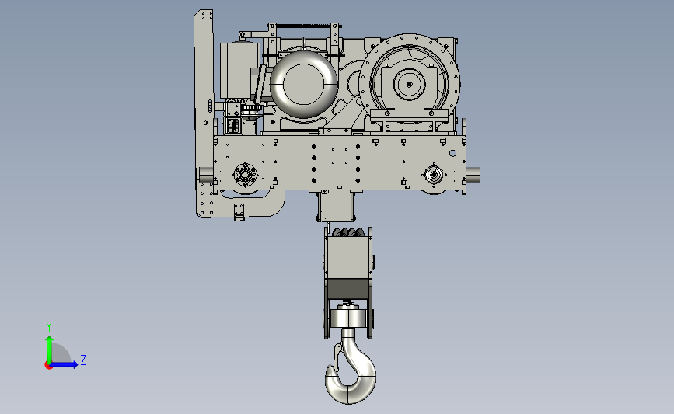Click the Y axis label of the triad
[x=49, y=327]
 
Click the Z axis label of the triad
[x=83, y=360]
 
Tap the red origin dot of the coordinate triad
[x=48, y=366]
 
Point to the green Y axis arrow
[x=50, y=350]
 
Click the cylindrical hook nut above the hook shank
[x=347, y=318]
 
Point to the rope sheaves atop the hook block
[x=347, y=232]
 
